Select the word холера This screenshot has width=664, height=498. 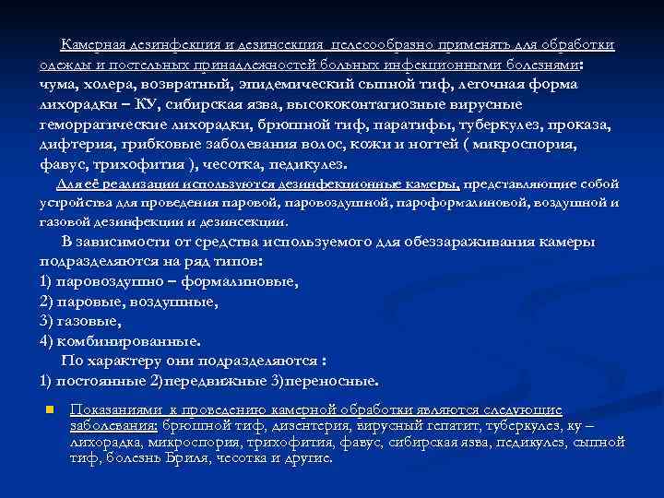coord(109,85)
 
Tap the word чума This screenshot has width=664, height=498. coord(57,85)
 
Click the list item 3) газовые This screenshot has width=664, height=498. coord(80,321)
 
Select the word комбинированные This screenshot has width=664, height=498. coord(128,340)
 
